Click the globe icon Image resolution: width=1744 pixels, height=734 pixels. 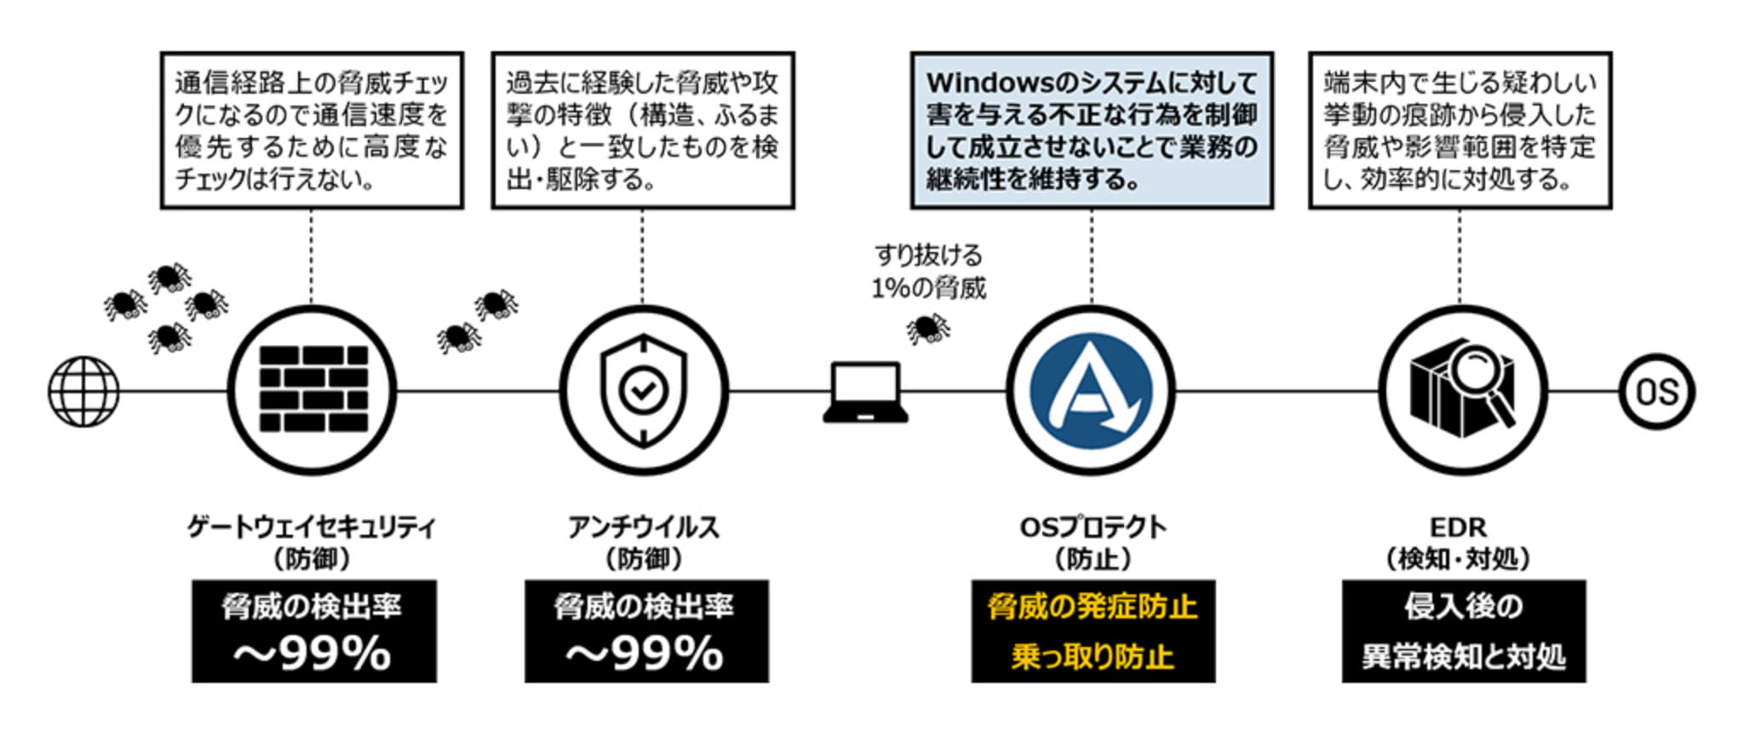pos(83,392)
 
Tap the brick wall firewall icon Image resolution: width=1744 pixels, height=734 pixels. pos(313,389)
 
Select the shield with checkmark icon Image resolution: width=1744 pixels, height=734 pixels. pos(643,390)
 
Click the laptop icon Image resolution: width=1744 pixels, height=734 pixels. pos(865,393)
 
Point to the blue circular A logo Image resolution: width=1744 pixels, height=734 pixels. pos(1091,391)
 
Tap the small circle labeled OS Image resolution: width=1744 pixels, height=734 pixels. pos(1656,392)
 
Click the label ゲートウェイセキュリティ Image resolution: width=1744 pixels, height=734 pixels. pos(312,527)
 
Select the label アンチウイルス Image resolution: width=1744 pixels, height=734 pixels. pos(644,527)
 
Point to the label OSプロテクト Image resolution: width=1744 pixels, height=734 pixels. pos(1093,527)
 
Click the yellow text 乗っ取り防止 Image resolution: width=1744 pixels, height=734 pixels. pos(1093,657)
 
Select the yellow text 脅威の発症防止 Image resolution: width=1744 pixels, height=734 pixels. pos(1093,607)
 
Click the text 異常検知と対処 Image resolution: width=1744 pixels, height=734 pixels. pos(1463,657)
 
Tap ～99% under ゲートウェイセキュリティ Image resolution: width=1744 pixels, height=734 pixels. pos(313,654)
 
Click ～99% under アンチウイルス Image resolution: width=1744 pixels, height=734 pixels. pos(645,654)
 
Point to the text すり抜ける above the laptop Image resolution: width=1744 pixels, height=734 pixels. pos(928,255)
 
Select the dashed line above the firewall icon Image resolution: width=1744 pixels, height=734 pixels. pos(312,255)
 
